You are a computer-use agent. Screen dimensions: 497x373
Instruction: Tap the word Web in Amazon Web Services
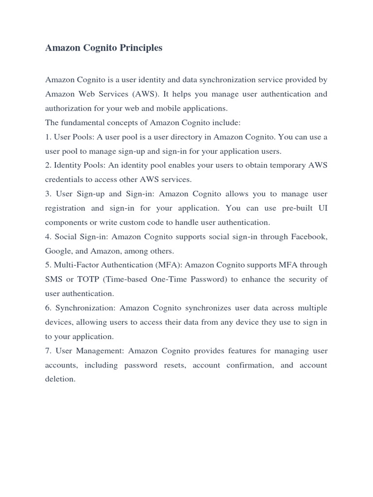[85, 94]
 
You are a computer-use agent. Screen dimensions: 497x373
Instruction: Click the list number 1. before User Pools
[48, 137]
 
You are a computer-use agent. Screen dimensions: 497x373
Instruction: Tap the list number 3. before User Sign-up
[48, 194]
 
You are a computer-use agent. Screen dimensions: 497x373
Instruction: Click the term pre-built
[293, 208]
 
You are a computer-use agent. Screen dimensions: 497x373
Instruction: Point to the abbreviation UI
[322, 208]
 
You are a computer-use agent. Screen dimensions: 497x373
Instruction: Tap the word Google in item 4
[57, 251]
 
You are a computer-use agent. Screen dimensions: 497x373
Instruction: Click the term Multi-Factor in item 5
[74, 265]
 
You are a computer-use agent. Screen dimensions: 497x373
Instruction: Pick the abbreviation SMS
[53, 279]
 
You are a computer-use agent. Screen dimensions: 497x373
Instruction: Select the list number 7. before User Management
[48, 350]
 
